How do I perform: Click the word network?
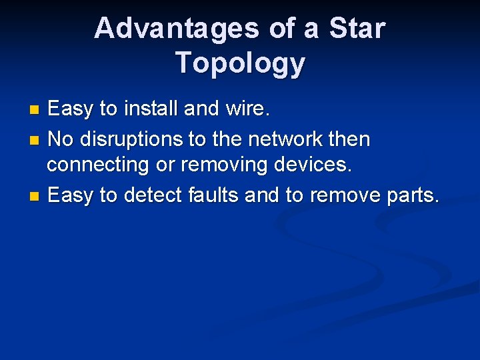pyautogui.click(x=287, y=139)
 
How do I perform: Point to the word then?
pyautogui.click(x=349, y=139)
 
